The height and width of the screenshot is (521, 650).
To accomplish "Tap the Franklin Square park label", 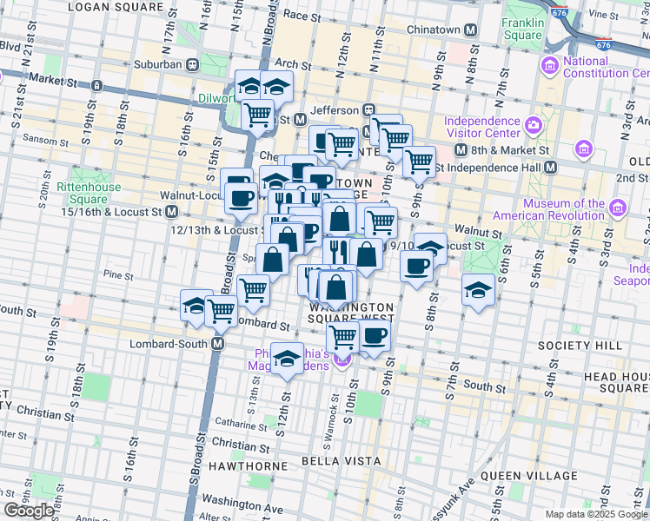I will click(522, 30).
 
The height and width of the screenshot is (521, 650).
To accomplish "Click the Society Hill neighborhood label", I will click(592, 345).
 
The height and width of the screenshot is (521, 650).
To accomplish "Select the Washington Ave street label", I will click(242, 502).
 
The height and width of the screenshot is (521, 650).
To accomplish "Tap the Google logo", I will click(30, 511).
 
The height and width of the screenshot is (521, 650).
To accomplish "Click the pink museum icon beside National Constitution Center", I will click(549, 67).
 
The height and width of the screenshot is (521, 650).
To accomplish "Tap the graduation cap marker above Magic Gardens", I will click(287, 358).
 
